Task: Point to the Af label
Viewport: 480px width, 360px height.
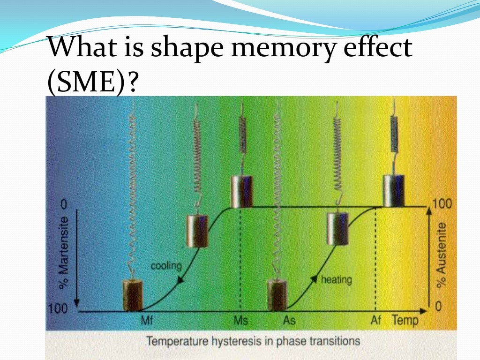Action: pyautogui.click(x=376, y=322)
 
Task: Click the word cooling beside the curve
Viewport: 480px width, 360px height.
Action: pyautogui.click(x=166, y=266)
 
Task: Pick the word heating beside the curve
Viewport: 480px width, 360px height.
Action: pyautogui.click(x=336, y=280)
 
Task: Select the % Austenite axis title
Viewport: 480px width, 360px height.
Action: pyautogui.click(x=441, y=255)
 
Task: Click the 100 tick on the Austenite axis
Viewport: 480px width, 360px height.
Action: pyautogui.click(x=442, y=204)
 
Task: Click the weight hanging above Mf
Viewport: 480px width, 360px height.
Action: pyautogui.click(x=133, y=294)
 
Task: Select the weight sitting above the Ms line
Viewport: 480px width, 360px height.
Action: pyautogui.click(x=242, y=191)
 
